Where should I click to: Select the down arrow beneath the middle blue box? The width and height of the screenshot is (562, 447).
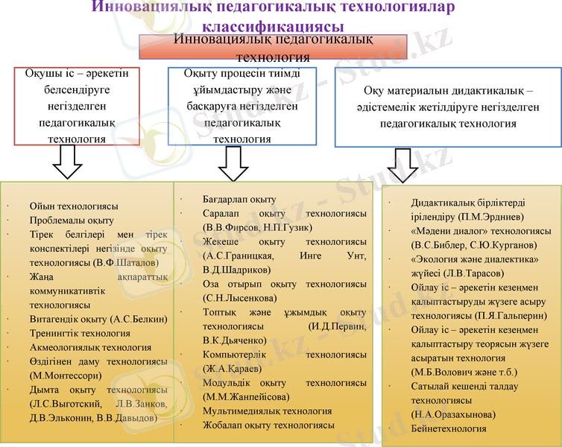233,163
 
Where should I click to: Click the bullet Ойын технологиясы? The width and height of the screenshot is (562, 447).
74,206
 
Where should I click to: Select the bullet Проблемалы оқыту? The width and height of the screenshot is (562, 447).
72,220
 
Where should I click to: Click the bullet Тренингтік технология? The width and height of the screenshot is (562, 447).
80,333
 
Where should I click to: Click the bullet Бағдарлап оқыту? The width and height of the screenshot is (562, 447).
239,200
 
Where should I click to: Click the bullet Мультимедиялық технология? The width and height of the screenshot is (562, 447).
267,411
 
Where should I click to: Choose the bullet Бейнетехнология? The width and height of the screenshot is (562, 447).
449,428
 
